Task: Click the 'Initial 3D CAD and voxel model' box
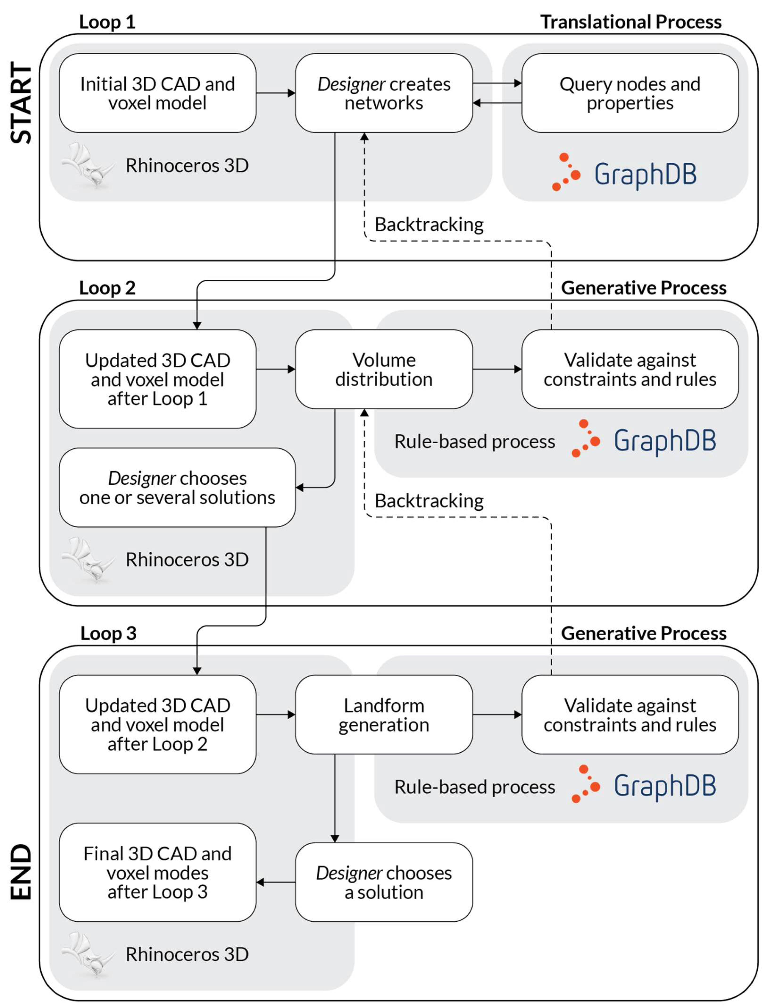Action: click(157, 93)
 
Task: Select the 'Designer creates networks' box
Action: click(384, 93)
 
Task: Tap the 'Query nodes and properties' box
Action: click(630, 93)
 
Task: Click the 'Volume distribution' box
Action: click(384, 369)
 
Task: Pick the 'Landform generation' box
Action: click(384, 715)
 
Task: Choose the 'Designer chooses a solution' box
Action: click(384, 882)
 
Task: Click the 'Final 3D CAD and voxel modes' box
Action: click(157, 872)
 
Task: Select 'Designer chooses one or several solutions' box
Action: click(177, 488)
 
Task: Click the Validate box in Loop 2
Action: click(630, 369)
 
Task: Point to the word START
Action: click(21, 103)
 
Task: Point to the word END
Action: click(21, 872)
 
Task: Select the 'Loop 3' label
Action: click(108, 633)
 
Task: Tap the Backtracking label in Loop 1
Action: click(429, 225)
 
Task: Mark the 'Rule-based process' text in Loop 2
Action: click(474, 441)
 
